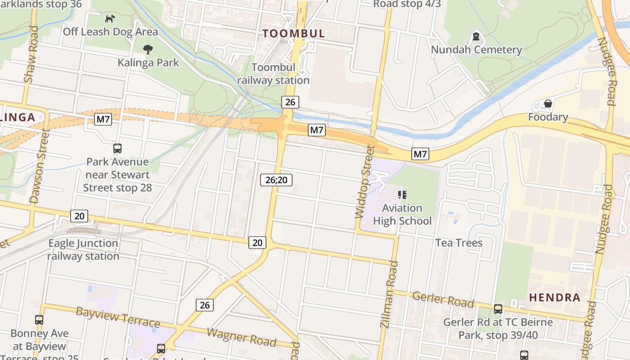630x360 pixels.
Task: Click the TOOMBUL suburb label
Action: coord(293,33)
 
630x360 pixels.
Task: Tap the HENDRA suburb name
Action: coord(554,297)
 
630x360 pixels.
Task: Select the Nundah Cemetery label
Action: coord(477,49)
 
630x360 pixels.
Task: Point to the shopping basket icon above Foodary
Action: coord(548,104)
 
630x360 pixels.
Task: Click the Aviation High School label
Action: coord(402,214)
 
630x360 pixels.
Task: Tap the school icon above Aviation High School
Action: coord(402,195)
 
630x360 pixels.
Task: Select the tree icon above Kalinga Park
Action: coord(148,49)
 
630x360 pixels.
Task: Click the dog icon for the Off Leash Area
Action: coord(110,18)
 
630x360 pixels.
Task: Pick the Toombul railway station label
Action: coord(273,74)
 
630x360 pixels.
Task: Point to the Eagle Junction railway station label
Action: coord(83,250)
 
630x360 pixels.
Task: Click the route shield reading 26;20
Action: coord(276,180)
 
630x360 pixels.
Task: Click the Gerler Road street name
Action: coord(443,299)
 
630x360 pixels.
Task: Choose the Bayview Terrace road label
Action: coord(117,317)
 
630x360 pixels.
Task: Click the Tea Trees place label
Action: coord(459,243)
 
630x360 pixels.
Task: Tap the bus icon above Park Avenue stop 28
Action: coord(117,148)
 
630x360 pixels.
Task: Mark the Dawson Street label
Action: coord(39,166)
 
